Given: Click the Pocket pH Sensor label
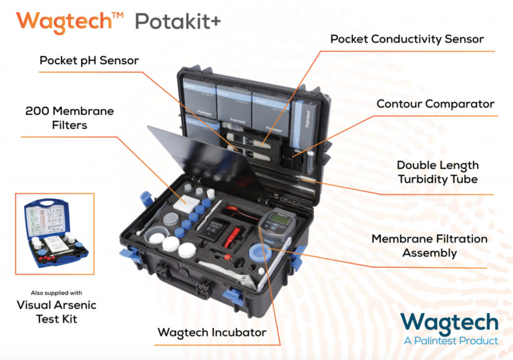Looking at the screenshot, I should click(89, 61).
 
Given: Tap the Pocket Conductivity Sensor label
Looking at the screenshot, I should click(407, 39).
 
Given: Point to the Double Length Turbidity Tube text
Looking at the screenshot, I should click(438, 172).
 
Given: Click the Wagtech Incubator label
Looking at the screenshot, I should click(212, 332).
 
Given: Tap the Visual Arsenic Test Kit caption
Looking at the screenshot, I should click(56, 312).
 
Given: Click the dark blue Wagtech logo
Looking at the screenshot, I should click(450, 323).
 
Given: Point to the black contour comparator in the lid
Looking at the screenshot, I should click(291, 156).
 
